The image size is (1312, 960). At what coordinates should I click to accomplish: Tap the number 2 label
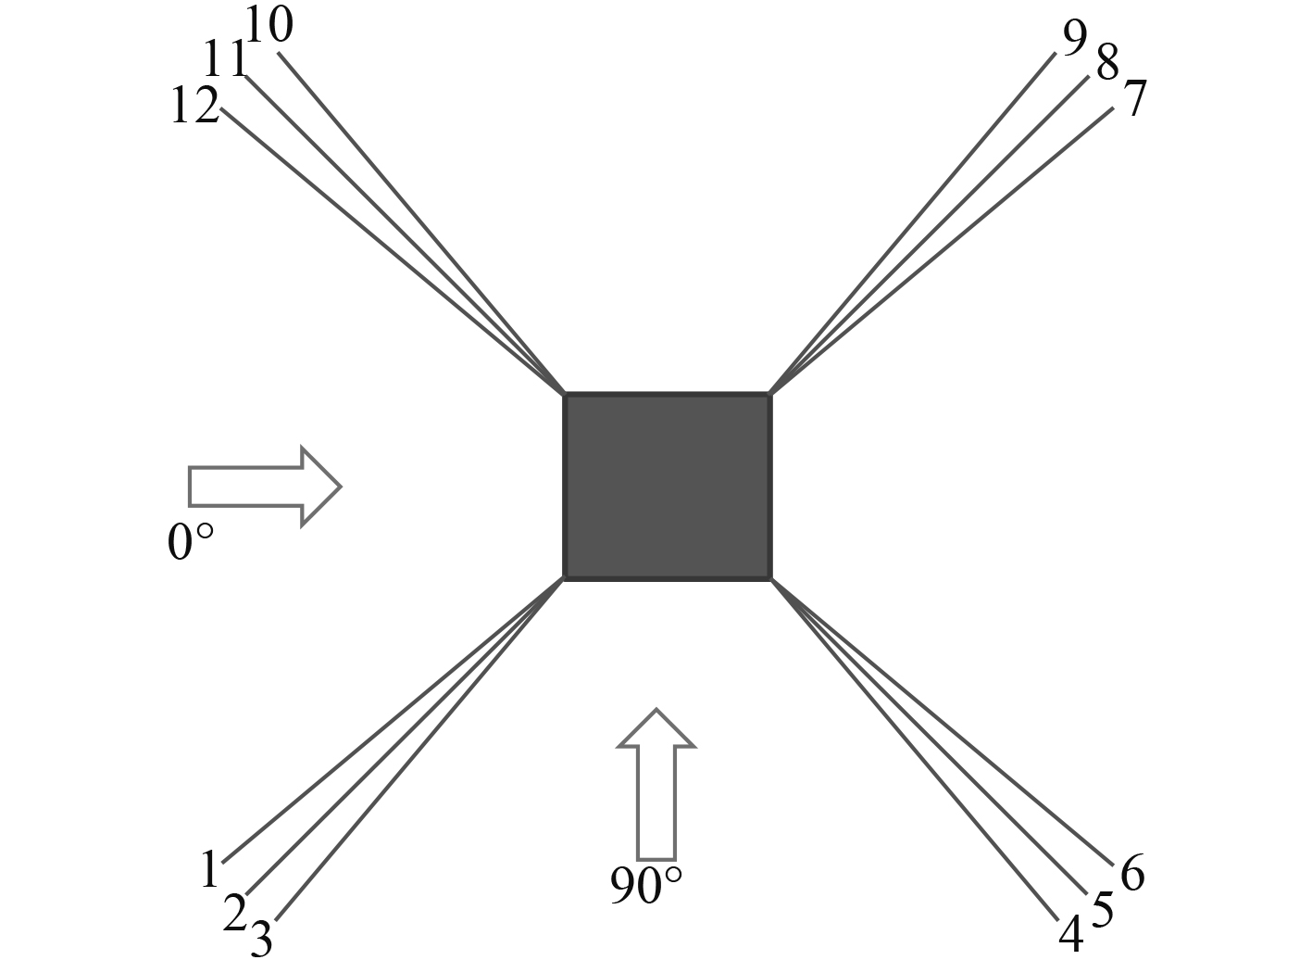click(235, 914)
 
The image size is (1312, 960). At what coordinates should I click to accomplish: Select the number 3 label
click(261, 939)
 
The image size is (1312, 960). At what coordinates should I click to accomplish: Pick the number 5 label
click(1102, 910)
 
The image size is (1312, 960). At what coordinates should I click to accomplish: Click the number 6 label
click(1132, 873)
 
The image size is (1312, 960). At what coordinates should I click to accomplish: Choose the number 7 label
click(1134, 98)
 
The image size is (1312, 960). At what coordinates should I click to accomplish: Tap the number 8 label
click(1106, 64)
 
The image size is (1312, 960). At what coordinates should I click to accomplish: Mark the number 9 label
click(1074, 39)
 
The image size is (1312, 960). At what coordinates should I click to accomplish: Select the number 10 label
click(269, 26)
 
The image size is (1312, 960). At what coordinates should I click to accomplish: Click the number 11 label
click(226, 61)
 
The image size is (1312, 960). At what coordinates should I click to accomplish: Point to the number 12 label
click(194, 106)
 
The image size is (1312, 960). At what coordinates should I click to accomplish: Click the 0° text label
click(191, 542)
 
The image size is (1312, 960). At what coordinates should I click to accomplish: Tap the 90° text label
click(646, 886)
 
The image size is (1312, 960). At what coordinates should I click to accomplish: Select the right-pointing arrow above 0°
click(265, 486)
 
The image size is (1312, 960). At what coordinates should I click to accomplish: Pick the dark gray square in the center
click(667, 486)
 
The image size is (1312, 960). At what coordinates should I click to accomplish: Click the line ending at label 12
click(389, 250)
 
